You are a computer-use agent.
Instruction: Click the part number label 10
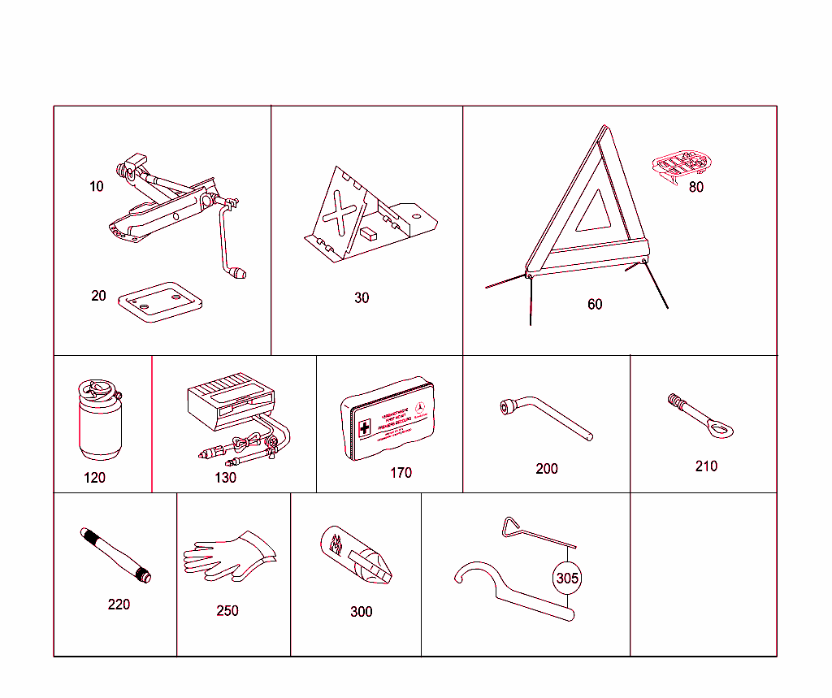click(x=97, y=187)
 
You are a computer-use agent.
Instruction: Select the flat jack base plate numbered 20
click(x=159, y=301)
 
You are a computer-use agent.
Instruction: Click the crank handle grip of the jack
click(x=238, y=272)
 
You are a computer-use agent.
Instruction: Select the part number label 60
click(x=595, y=305)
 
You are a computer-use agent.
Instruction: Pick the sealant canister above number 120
click(x=98, y=420)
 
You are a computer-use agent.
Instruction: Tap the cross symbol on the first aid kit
click(x=365, y=427)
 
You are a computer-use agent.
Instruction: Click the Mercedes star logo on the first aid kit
click(x=420, y=409)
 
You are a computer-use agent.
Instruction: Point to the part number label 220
click(x=119, y=605)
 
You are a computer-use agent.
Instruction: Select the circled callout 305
click(x=567, y=579)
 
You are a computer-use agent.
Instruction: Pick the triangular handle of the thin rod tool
click(x=512, y=526)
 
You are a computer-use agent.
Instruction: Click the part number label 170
click(x=401, y=473)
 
